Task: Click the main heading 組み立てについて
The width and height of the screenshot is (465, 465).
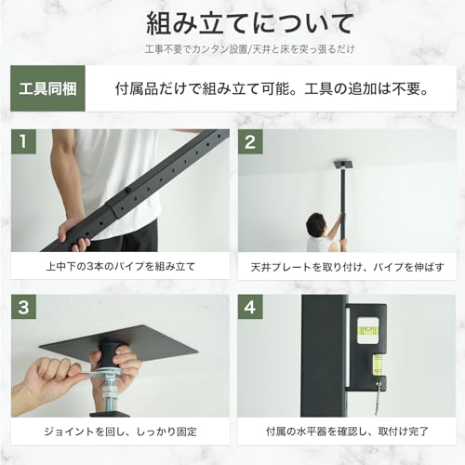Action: [232, 21]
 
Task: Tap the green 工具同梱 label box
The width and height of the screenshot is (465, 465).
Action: [47, 89]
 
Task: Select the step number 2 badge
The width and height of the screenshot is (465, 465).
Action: [251, 142]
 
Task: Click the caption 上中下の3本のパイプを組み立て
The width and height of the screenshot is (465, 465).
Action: [120, 266]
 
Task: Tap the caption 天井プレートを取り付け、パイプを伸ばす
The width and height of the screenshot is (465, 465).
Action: [346, 266]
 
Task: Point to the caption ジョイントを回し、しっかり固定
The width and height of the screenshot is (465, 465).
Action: [120, 432]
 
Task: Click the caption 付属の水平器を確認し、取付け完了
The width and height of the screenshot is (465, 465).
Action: [346, 432]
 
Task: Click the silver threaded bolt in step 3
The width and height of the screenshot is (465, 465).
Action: [107, 391]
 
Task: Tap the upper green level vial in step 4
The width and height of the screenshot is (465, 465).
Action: [366, 328]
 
